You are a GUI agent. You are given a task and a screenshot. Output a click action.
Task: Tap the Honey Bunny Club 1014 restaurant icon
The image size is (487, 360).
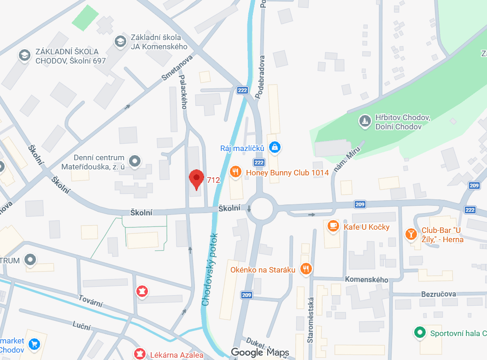click(x=236, y=172)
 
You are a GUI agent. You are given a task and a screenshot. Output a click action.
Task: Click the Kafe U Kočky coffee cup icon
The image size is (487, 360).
click(x=333, y=226)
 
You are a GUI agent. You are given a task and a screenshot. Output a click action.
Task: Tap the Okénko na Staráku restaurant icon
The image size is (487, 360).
click(x=305, y=269)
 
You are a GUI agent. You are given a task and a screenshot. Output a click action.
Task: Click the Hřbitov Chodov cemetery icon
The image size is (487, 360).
click(x=365, y=122)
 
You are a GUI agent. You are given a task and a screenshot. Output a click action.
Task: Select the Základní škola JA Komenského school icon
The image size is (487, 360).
click(x=120, y=41)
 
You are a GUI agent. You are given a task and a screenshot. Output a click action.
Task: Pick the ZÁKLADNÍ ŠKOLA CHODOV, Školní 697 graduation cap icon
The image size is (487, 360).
click(x=24, y=56)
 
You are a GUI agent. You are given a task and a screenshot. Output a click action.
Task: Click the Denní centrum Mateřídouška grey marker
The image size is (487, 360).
click(x=135, y=161)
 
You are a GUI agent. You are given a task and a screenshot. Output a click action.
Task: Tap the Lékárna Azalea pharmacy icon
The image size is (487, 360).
click(x=138, y=354)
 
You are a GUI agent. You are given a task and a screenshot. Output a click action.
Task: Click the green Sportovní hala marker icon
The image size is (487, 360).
click(x=419, y=332)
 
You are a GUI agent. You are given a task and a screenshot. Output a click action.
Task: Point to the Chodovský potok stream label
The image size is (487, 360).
click(x=210, y=270)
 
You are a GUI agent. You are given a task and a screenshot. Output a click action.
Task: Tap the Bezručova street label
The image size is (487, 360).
click(x=438, y=294)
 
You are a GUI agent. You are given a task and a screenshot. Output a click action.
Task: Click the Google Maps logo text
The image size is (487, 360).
click(x=260, y=353)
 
